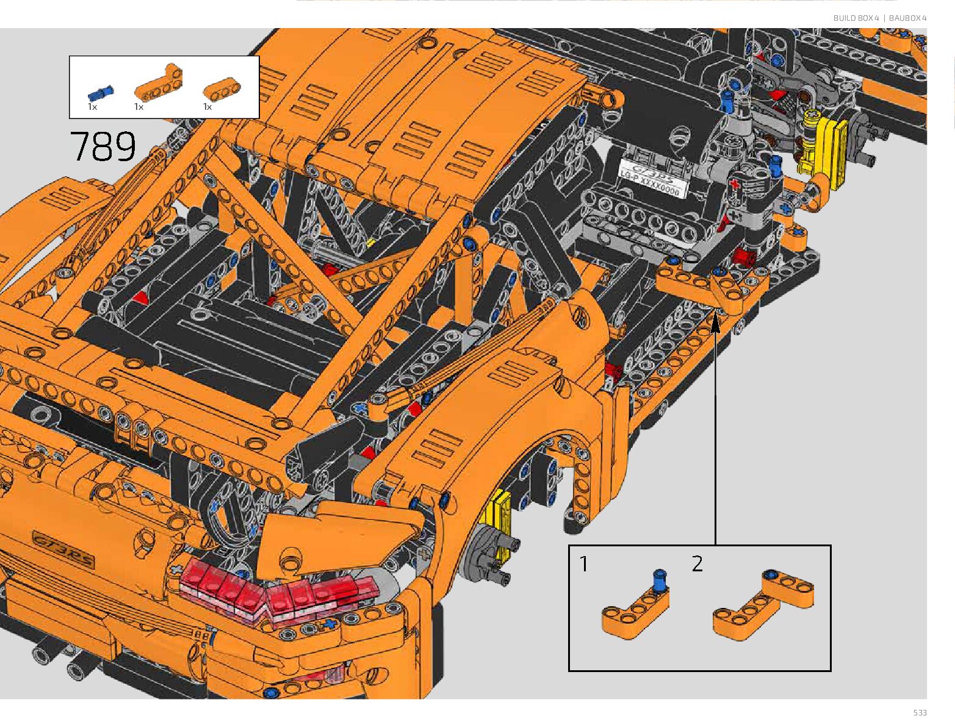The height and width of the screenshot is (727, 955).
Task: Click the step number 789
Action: tap(103, 146)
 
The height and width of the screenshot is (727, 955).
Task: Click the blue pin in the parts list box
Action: tap(100, 93)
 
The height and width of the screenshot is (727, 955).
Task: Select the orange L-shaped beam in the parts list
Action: tap(158, 82)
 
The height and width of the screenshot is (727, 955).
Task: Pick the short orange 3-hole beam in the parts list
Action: tap(222, 89)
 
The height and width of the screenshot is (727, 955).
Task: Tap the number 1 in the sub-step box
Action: tap(584, 564)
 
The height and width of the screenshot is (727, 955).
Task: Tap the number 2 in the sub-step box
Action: tap(697, 563)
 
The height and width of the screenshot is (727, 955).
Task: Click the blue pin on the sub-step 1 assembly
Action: tap(660, 581)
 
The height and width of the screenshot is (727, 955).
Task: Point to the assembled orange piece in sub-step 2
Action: tap(763, 604)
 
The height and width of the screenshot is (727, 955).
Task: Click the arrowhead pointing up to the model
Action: tap(715, 323)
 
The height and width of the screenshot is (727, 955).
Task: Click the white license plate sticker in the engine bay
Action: tap(651, 179)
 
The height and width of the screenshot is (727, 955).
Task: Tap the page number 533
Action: tap(920, 712)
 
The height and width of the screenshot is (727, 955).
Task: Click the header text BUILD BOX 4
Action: tap(856, 18)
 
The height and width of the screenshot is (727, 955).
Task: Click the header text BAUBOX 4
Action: tap(907, 18)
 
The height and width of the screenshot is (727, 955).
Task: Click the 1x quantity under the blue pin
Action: tap(92, 107)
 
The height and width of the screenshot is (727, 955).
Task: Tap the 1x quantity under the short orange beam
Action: tap(207, 107)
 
